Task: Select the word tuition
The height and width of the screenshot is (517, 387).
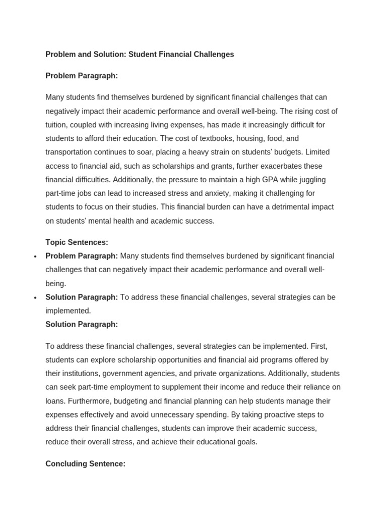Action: coord(57,125)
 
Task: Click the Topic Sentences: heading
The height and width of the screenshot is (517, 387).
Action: coord(77,242)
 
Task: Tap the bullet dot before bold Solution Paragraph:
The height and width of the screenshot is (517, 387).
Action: coord(35,298)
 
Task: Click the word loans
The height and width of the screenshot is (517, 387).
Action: coord(55,401)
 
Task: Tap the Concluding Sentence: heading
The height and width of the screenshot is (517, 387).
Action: coord(85,463)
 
